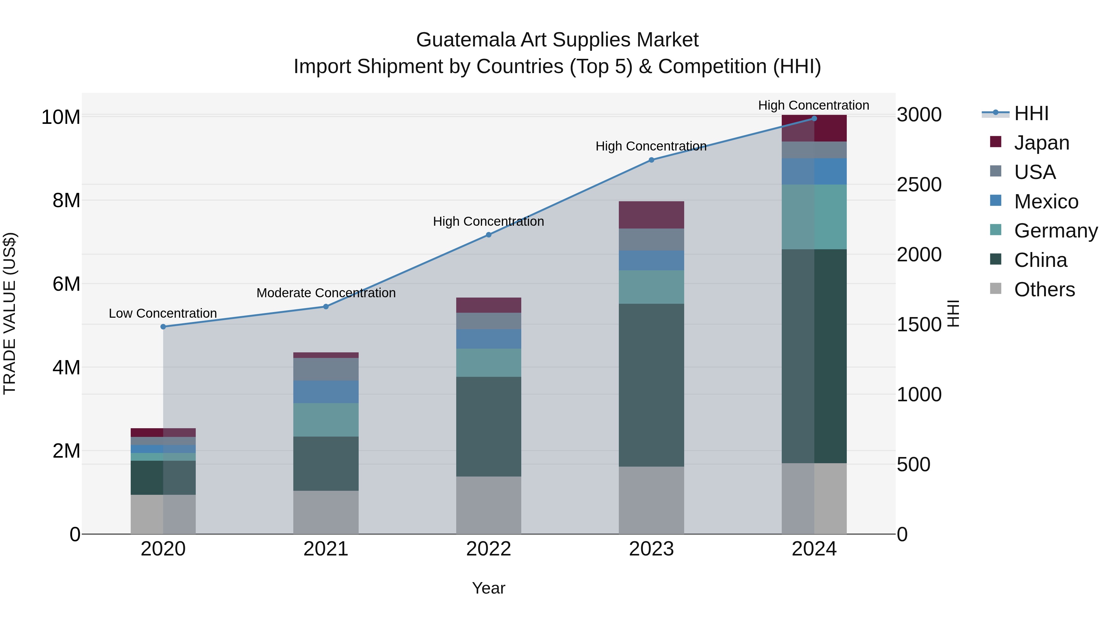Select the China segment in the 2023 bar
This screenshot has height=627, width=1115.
(651, 385)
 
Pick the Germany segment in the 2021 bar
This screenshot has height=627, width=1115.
(326, 420)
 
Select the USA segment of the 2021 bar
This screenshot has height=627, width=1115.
(326, 369)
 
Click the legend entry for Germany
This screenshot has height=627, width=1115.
(1055, 231)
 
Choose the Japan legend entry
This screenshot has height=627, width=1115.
(1041, 143)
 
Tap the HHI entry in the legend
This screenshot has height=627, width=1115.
(1030, 113)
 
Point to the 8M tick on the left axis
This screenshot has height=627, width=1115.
(66, 201)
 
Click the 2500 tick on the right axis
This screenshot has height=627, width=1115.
(919, 185)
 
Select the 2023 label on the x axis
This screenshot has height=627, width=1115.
(651, 549)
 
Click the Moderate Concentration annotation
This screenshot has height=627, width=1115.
(326, 293)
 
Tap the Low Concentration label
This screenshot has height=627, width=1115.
(163, 313)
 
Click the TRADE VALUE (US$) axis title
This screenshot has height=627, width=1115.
(10, 313)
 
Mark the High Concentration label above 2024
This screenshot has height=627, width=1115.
(813, 105)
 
